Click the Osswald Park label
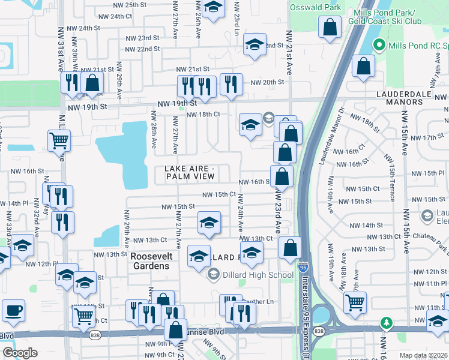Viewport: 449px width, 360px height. coord(315,8)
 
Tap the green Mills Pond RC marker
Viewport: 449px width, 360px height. coord(379,44)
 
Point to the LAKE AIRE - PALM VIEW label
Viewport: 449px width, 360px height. coord(190,172)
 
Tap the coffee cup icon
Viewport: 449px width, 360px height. coord(13,311)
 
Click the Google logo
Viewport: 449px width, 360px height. coord(20,353)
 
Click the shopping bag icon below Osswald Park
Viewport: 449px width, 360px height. coord(330,27)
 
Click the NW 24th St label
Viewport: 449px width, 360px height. coord(83,28)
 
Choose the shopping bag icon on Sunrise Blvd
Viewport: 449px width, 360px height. coord(175,330)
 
